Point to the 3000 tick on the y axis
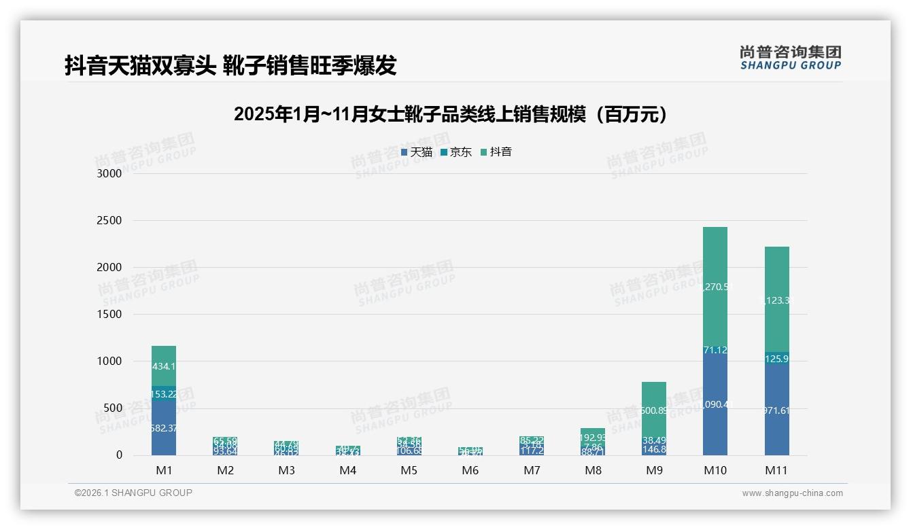pos(109,173)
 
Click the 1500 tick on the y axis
pos(109,314)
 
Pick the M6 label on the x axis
pos(470,470)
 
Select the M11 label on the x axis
pos(776,470)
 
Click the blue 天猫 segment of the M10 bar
pos(715,408)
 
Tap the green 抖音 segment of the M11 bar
pos(776,299)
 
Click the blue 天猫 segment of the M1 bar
pos(164,428)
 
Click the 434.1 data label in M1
pos(164,366)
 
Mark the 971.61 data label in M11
pos(776,410)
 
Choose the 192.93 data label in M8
pos(592,438)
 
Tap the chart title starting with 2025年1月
pos(451,114)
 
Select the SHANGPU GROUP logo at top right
pos(790,58)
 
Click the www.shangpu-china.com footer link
pos(792,493)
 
